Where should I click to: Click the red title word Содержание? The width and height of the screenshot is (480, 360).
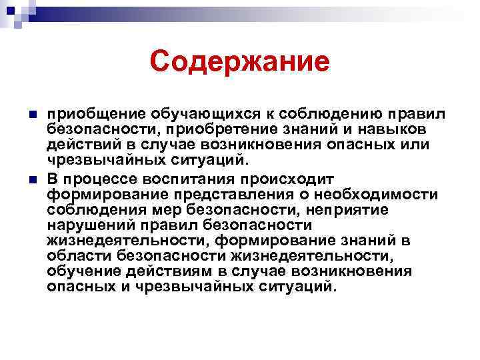tap(239, 62)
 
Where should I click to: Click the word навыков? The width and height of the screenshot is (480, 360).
tap(397, 127)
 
